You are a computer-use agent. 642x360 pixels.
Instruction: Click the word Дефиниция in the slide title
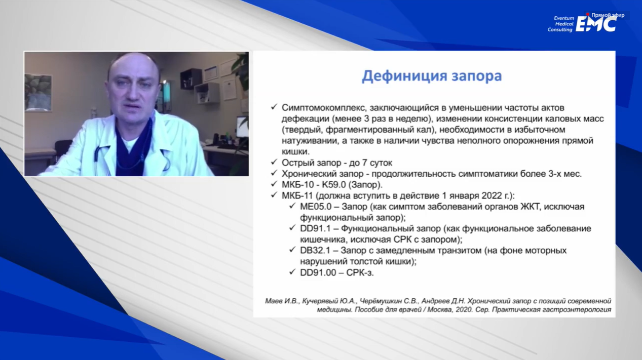click(404, 76)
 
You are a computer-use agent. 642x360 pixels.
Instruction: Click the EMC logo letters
click(596, 24)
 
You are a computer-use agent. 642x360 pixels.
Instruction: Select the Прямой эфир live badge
click(606, 15)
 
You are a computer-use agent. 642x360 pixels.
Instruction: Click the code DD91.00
click(318, 272)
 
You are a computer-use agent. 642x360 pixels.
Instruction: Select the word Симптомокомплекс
click(324, 108)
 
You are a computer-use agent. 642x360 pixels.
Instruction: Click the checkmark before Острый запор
click(274, 162)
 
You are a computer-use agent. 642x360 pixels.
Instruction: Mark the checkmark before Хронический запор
click(274, 173)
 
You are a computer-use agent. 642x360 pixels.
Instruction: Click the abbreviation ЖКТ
click(530, 207)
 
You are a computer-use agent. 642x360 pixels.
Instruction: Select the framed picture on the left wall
click(38, 92)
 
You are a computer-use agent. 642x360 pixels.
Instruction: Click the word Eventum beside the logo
click(564, 18)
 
